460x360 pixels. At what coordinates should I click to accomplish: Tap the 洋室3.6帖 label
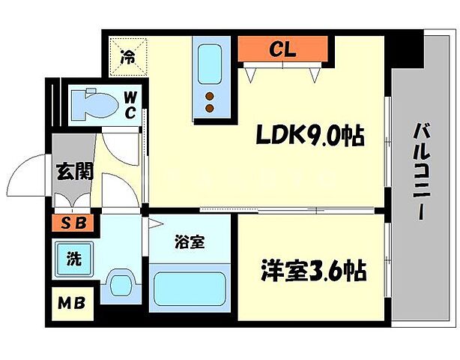coord(313,270)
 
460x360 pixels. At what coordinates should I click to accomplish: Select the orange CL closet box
coord(282,50)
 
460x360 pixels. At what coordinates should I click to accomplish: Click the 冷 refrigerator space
coord(129,57)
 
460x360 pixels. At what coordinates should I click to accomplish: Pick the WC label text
coord(130,105)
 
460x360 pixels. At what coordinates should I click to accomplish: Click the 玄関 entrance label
coord(74,171)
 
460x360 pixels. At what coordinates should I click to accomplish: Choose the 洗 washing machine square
coord(73,259)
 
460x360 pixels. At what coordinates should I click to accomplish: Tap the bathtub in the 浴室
coord(193,286)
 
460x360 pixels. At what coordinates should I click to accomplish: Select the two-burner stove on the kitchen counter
coord(211,100)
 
